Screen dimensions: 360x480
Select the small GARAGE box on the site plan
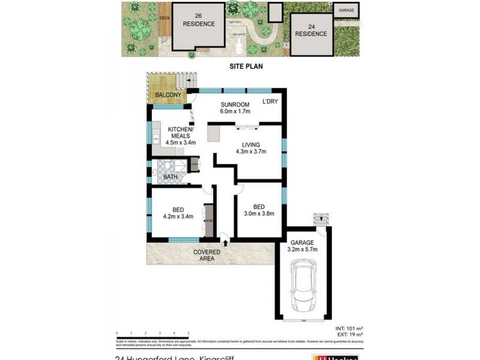[x=346, y=10]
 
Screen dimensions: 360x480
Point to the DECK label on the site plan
[x=165, y=17]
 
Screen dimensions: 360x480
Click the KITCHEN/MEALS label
[x=180, y=133]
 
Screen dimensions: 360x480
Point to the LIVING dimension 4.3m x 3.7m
[x=251, y=152]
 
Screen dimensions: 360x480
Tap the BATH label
[x=170, y=177]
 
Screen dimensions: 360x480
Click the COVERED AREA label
[x=206, y=256]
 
